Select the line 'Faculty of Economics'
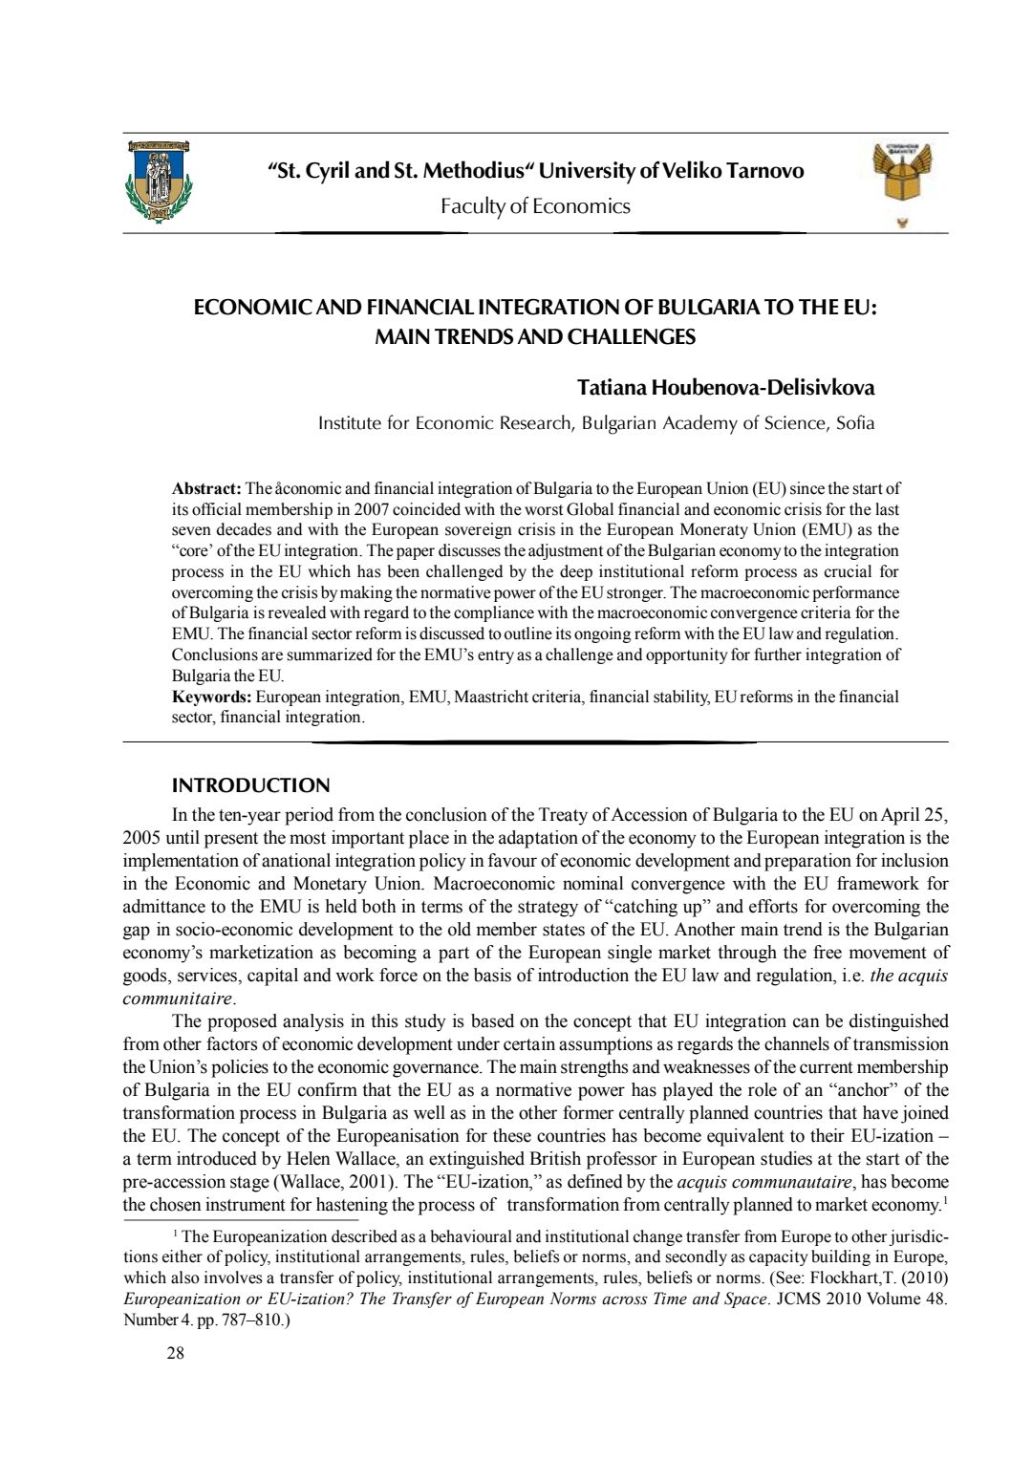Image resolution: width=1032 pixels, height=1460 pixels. click(x=535, y=206)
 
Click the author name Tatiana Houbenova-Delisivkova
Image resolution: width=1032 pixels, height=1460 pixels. click(x=725, y=387)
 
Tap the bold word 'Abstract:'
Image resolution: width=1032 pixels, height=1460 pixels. click(x=206, y=488)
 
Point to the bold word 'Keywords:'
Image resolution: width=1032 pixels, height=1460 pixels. click(x=211, y=697)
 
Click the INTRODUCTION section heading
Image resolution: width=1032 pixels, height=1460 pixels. click(x=250, y=785)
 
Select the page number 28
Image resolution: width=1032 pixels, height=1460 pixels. click(x=175, y=1353)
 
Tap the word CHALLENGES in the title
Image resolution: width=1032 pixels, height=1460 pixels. click(x=632, y=336)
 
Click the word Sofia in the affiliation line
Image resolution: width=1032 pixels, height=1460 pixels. click(x=855, y=423)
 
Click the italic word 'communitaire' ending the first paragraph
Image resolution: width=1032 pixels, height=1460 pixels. click(x=177, y=998)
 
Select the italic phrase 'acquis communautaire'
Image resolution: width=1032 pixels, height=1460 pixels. click(x=763, y=1182)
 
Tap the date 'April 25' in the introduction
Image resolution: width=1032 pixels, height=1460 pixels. click(x=914, y=815)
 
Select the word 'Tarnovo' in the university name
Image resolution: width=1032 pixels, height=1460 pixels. click(x=764, y=171)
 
